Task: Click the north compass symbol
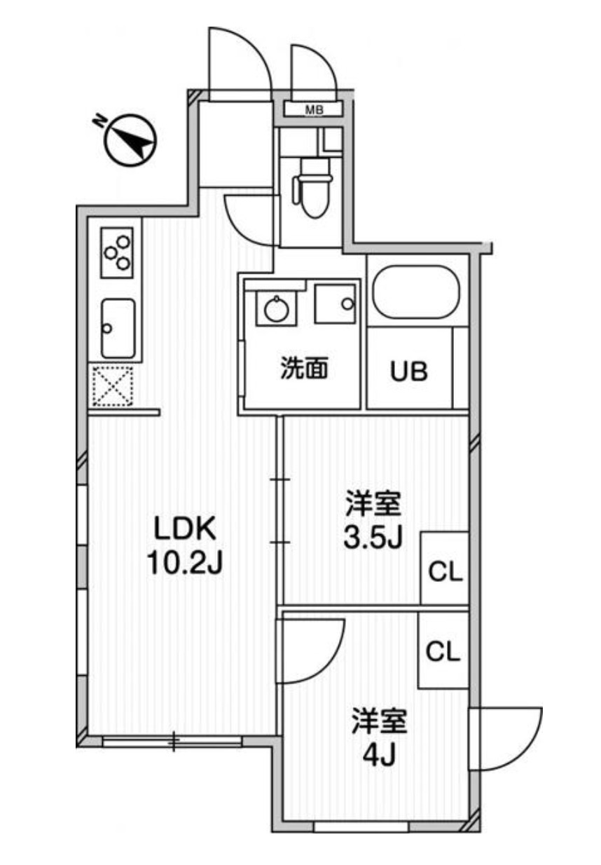(130, 139)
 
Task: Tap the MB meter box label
(313, 109)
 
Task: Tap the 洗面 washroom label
(304, 369)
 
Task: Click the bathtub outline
(416, 294)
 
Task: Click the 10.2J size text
(184, 562)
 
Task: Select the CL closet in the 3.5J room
(445, 573)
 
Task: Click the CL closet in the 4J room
(443, 652)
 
